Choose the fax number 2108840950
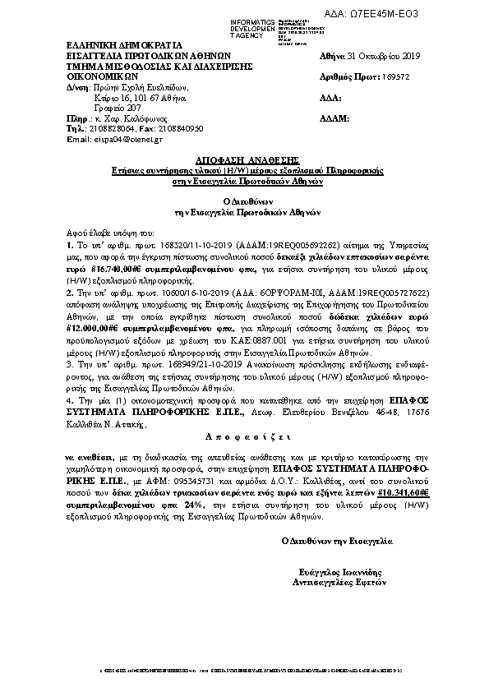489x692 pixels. pyautogui.click(x=179, y=129)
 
